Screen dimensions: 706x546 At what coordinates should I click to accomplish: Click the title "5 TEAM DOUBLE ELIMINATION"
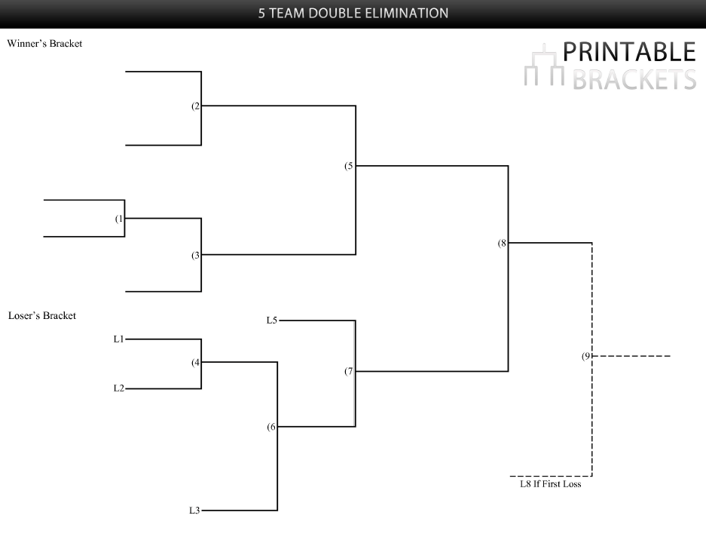click(353, 13)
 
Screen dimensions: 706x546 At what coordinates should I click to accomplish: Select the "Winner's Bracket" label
click(44, 44)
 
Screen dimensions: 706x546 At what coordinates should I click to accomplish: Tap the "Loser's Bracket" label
click(41, 315)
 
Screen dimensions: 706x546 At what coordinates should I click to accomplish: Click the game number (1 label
click(119, 219)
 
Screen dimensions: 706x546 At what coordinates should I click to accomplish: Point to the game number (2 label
click(196, 106)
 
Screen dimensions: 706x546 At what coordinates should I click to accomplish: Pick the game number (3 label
click(196, 255)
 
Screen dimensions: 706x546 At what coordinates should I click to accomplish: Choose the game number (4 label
click(196, 362)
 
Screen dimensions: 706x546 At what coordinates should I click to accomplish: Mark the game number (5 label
click(349, 166)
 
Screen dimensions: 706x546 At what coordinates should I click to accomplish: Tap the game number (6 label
click(272, 427)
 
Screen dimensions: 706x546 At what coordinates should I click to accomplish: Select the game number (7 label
click(349, 372)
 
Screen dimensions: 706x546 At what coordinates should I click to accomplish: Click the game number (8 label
click(502, 243)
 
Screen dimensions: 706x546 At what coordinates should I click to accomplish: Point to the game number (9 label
click(586, 356)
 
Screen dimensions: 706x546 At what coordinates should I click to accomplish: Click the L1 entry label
click(118, 339)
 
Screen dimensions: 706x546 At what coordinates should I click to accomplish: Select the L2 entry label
click(118, 388)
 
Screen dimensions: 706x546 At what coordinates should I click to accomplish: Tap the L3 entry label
click(194, 511)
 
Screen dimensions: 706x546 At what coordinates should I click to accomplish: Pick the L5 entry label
click(271, 321)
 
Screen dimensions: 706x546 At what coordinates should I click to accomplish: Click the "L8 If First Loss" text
click(550, 484)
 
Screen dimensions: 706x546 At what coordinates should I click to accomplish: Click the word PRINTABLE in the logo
click(629, 52)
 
